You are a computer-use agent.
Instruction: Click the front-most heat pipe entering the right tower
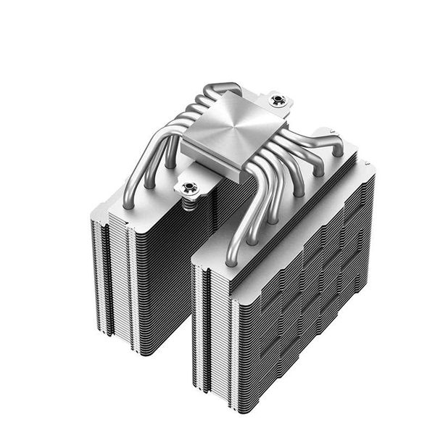click(x=233, y=246)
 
